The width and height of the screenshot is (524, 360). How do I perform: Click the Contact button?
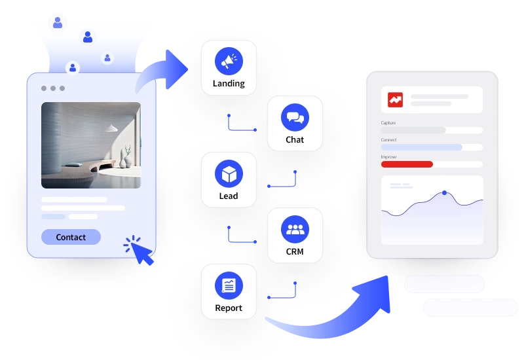coord(71,237)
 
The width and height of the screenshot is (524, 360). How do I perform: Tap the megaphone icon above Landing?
coord(229,61)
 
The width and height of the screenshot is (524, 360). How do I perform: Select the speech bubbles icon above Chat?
coord(295,117)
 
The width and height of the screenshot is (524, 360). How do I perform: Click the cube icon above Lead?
coord(229,173)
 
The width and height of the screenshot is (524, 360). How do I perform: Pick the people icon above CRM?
coord(295,229)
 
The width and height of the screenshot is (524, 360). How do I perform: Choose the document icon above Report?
coord(229,285)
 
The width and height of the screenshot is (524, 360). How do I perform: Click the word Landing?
coord(229,84)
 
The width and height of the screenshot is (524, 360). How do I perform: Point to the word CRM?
coord(295,251)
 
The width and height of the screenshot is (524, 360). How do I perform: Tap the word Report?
coord(229,308)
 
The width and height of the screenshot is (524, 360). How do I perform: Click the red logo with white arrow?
coord(396,99)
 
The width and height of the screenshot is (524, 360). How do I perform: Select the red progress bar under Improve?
coord(407,164)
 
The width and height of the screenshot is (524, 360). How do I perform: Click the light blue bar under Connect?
coord(422,147)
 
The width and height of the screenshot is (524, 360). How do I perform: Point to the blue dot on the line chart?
coord(445,192)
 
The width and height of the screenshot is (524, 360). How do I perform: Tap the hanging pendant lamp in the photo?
coord(111,128)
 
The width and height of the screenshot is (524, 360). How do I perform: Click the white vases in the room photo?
coord(125,160)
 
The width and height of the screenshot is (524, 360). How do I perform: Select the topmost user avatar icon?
coord(58,22)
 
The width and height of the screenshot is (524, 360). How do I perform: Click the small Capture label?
coord(388,122)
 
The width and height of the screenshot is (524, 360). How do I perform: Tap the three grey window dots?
coord(53,88)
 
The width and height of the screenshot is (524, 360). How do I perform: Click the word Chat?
coord(295,139)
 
